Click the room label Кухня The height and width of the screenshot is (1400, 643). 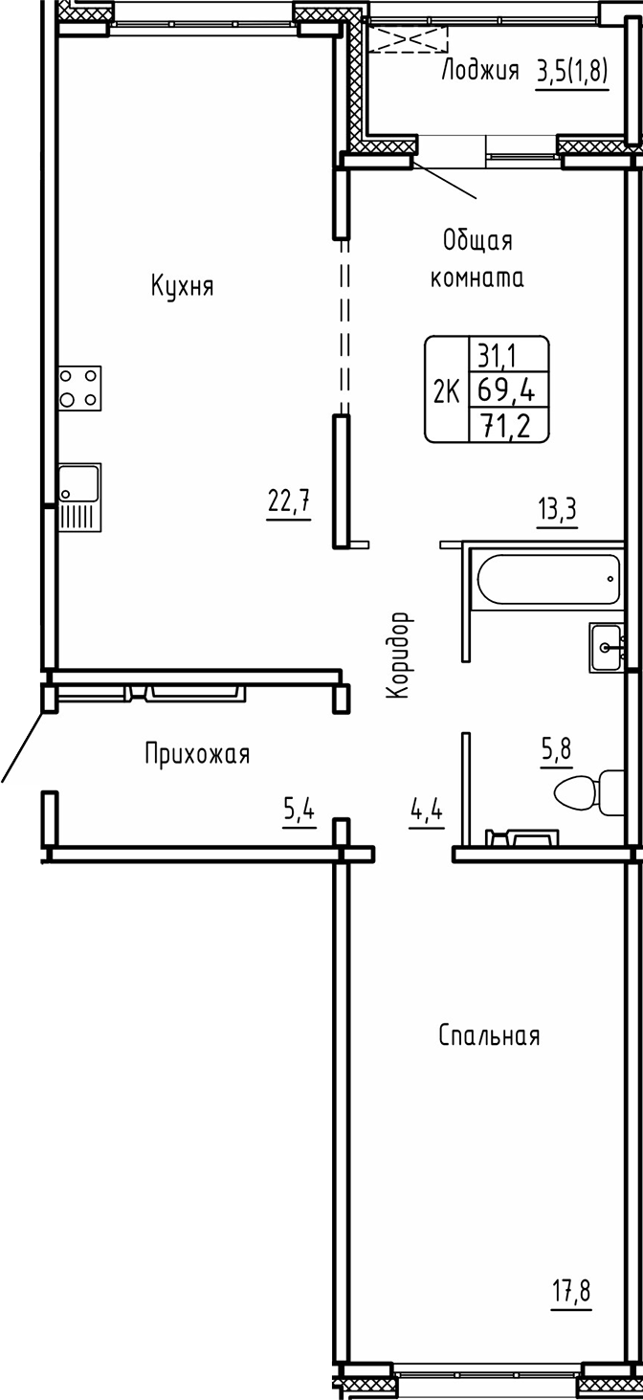coord(181,286)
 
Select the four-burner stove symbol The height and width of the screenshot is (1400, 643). coord(79,389)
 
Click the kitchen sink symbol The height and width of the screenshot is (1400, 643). coord(79,498)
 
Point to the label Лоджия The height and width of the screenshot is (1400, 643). coord(479,70)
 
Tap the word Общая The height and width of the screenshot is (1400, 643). coord(477,241)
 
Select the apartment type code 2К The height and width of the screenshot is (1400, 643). coord(447,391)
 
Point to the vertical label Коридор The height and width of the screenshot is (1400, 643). coord(399,656)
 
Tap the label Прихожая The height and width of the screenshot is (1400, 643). coord(197,755)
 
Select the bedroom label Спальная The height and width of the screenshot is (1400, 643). coord(489,1035)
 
